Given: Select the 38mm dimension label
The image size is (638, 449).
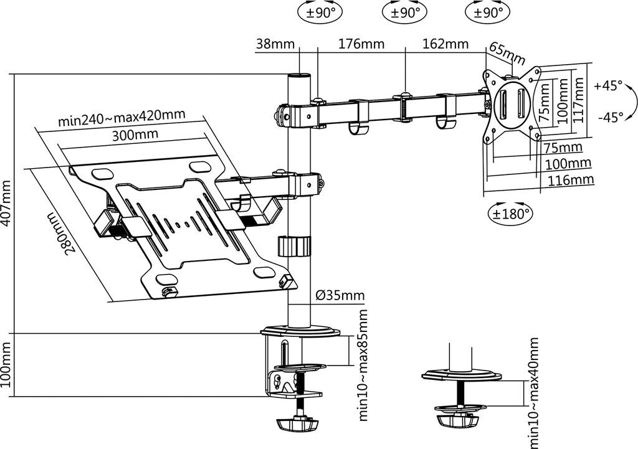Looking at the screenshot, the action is (275, 44).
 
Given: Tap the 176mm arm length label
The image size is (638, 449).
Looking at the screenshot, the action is (361, 44).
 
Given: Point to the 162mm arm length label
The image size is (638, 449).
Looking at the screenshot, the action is (445, 43).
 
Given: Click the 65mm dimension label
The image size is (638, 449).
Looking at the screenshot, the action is (507, 53).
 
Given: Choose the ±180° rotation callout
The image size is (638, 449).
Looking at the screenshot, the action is (510, 212).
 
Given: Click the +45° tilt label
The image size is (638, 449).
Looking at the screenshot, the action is (608, 86).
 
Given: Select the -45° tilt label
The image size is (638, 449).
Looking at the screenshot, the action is (611, 118).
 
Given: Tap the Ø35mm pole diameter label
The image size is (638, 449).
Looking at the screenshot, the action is (340, 295).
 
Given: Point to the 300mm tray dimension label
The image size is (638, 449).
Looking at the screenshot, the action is (135, 135).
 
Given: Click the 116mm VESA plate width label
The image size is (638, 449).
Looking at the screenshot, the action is (571, 180).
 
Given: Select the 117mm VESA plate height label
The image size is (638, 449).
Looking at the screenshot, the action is (578, 100).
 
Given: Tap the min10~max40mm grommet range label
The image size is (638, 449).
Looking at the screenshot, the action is (533, 392).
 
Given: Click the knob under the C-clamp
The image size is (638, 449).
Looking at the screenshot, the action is (297, 425).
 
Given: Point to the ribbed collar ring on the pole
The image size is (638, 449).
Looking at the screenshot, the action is (295, 245).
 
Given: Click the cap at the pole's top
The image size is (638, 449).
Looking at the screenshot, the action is (299, 76).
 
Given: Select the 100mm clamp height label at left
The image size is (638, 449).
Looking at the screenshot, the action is (7, 364).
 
